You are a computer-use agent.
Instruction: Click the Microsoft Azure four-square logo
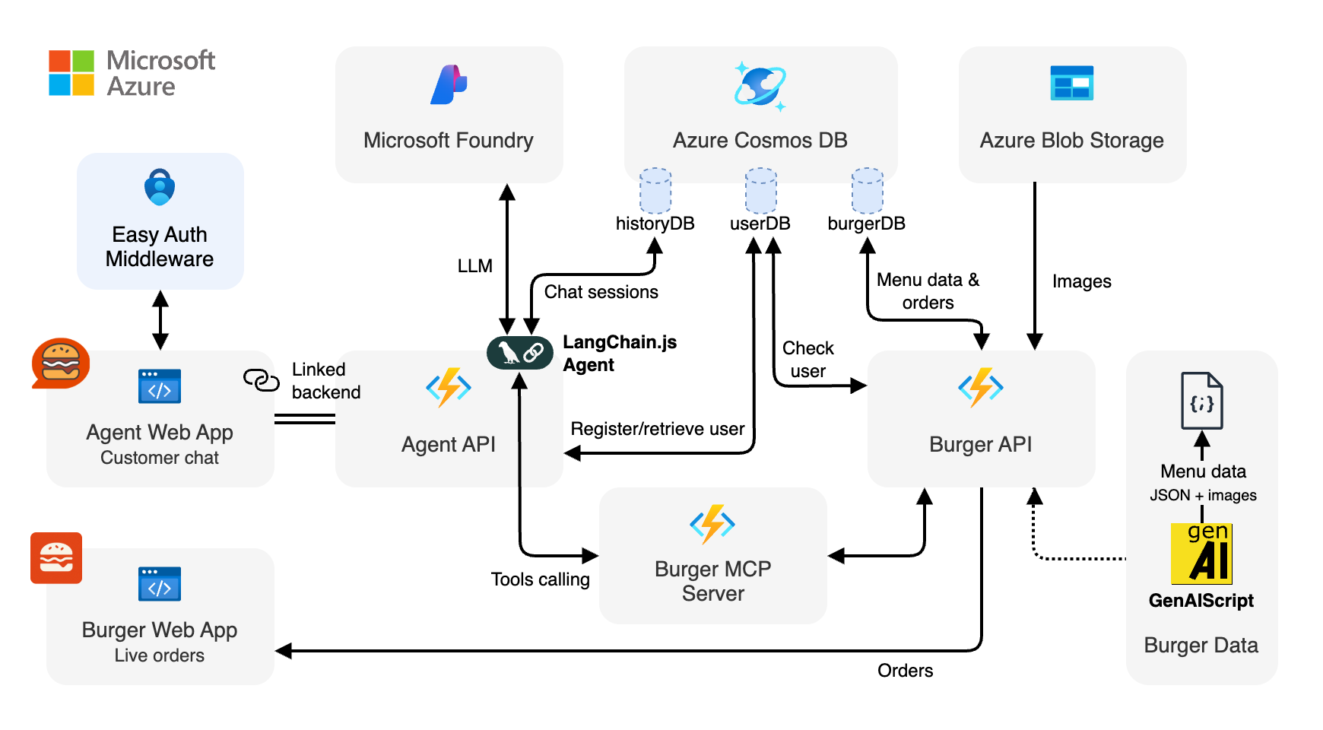[x=71, y=73]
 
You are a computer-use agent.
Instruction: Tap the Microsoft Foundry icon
[x=449, y=84]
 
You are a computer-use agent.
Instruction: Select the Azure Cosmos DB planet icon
[x=760, y=86]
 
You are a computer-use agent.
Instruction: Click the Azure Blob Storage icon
[x=1071, y=83]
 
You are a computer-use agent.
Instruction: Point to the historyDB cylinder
[x=655, y=191]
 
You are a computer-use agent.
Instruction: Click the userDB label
[x=760, y=224]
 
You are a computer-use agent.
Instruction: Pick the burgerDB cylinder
[x=867, y=191]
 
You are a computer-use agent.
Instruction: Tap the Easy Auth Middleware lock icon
[x=160, y=187]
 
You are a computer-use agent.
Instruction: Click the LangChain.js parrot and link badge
[x=520, y=352]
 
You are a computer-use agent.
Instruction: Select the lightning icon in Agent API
[x=449, y=388]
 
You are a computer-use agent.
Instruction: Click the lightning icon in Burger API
[x=981, y=388]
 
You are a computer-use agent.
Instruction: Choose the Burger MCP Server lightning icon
[x=712, y=524]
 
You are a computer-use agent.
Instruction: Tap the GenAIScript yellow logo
[x=1201, y=554]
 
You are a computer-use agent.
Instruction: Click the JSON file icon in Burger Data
[x=1201, y=401]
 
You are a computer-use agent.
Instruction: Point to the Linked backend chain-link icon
[x=262, y=379]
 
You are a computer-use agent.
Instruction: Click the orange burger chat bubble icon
[x=61, y=363]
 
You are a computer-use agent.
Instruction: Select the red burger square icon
[x=56, y=558]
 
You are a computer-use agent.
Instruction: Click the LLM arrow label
[x=475, y=266]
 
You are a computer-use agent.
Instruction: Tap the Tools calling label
[x=540, y=579]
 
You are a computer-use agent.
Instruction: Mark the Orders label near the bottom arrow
[x=905, y=671]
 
